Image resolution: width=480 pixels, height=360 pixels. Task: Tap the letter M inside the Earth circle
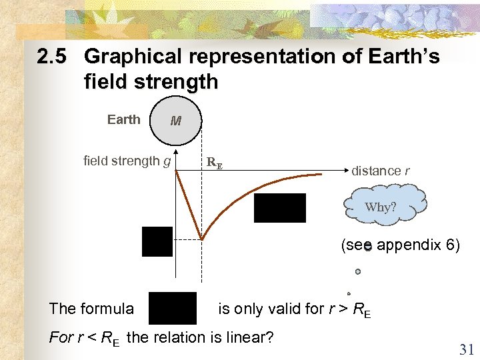click(176, 121)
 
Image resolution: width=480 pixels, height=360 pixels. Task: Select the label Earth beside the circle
click(124, 119)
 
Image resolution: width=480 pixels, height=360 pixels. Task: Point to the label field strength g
click(127, 161)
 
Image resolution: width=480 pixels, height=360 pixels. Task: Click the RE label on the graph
click(214, 161)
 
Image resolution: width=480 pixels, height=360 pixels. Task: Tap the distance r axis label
click(381, 171)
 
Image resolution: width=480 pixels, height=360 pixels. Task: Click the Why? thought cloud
click(381, 206)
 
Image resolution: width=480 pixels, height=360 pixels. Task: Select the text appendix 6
click(418, 245)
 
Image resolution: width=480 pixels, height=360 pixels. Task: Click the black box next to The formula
click(172, 308)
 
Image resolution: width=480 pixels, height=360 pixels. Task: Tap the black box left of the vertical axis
click(157, 241)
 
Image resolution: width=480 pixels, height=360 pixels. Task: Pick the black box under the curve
click(279, 208)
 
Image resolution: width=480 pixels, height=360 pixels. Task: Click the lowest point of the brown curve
click(201, 239)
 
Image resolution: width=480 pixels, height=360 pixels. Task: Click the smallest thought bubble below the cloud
click(349, 293)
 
